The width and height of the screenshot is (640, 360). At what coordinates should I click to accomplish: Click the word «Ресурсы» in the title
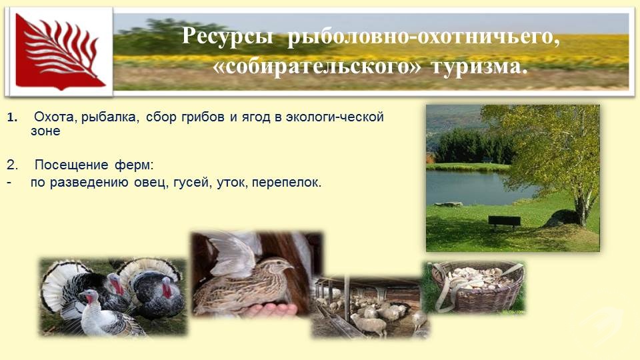[x=227, y=36]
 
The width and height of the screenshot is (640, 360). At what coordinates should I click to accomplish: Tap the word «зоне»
[x=45, y=131]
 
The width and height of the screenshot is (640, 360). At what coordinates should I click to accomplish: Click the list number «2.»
[x=12, y=165]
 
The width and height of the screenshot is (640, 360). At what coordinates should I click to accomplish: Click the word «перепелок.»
[x=287, y=183]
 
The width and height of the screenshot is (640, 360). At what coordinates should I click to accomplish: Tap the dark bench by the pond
[x=505, y=221]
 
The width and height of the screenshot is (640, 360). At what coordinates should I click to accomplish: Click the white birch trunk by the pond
[x=582, y=208]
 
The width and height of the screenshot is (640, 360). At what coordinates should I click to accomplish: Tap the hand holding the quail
[x=271, y=309]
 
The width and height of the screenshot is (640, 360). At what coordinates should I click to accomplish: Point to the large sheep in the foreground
[x=370, y=324]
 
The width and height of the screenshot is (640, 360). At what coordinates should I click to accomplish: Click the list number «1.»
[x=12, y=118]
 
